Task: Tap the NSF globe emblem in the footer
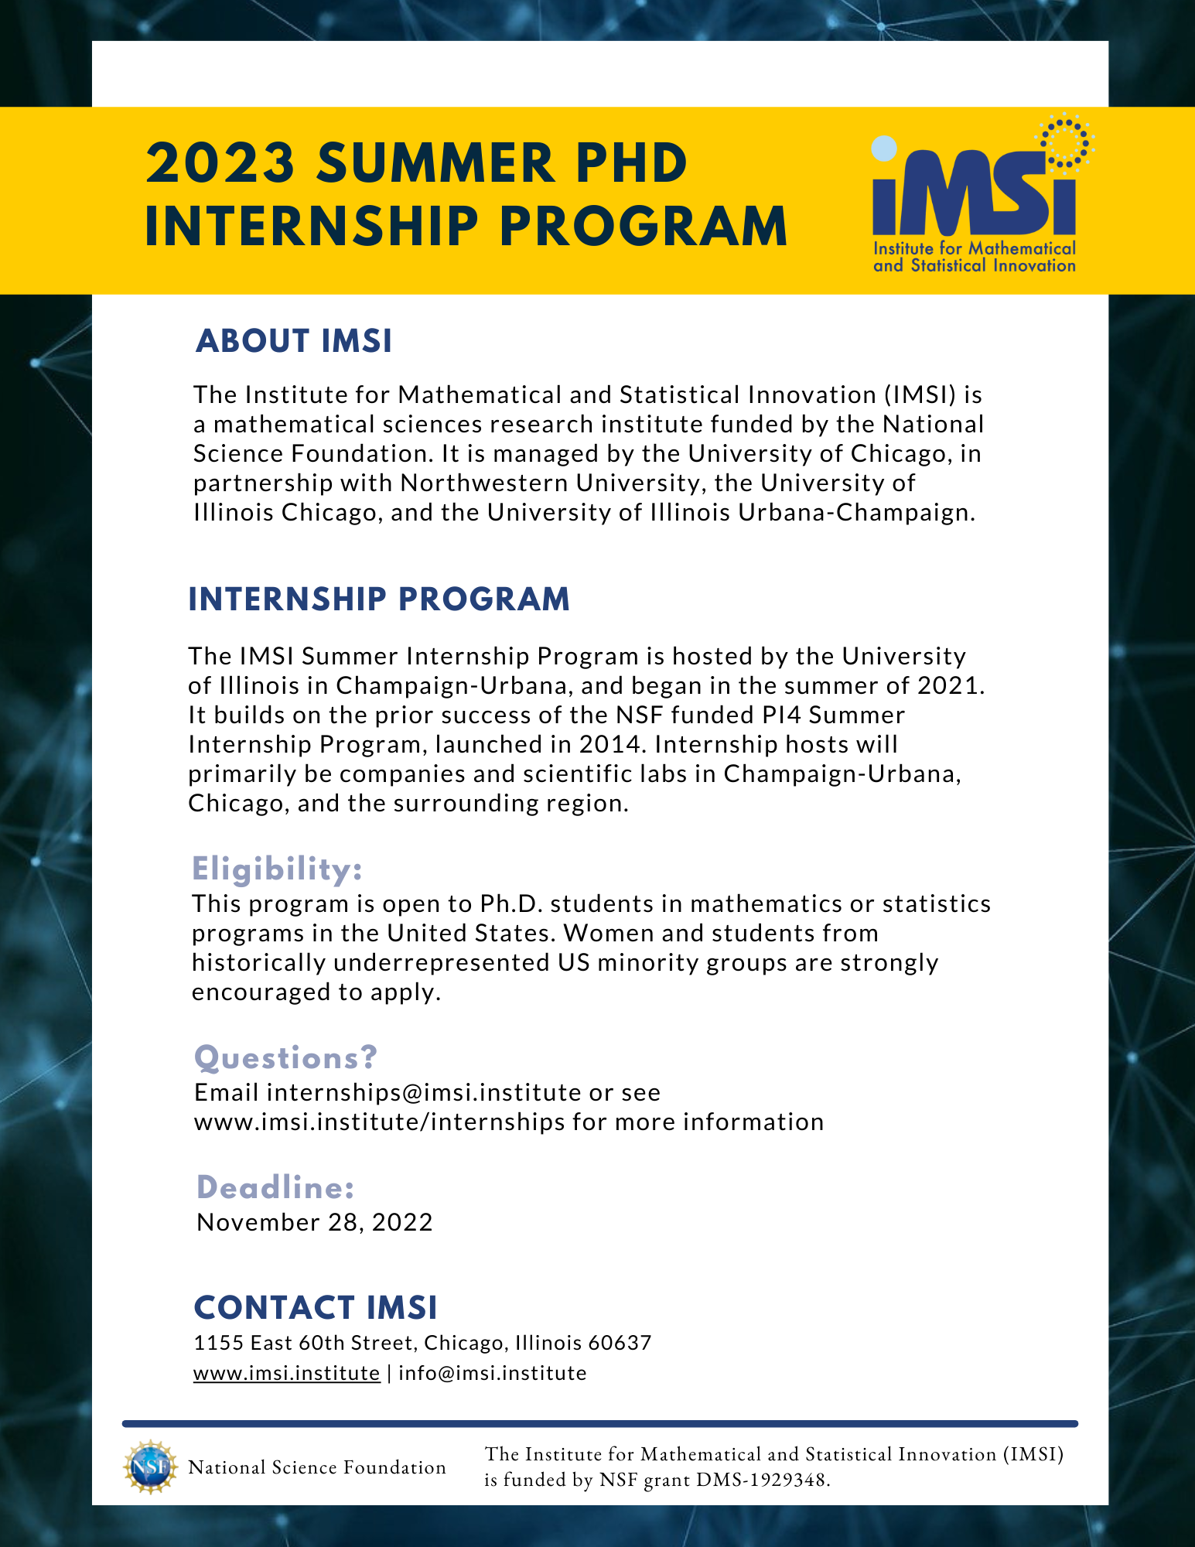[149, 1467]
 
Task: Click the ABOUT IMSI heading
[294, 341]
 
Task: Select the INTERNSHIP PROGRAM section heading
[379, 599]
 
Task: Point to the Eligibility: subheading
[277, 869]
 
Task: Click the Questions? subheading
[285, 1057]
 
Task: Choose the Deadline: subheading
[275, 1187]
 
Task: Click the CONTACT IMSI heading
[316, 1308]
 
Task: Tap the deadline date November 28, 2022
[315, 1222]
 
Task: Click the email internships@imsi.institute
[423, 1092]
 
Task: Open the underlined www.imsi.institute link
[286, 1373]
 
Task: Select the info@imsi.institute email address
[492, 1373]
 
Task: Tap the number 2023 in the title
[221, 163]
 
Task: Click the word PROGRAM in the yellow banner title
[642, 227]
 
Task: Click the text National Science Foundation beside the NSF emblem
[317, 1467]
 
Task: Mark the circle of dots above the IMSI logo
[1066, 141]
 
